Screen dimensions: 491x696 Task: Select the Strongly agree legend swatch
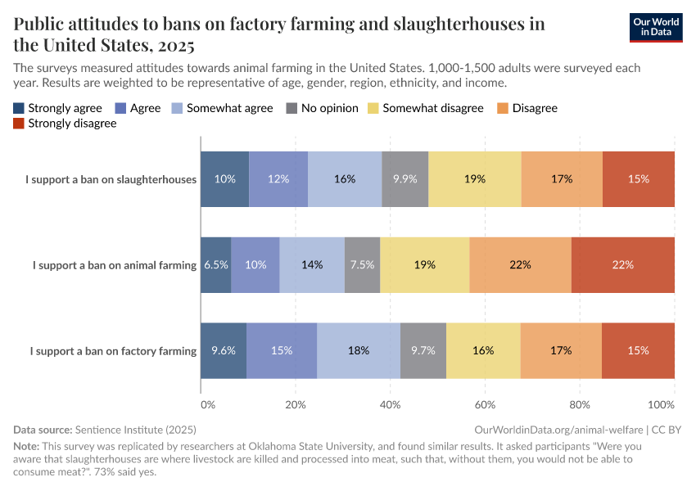click(x=20, y=108)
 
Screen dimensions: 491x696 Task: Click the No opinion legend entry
click(x=323, y=108)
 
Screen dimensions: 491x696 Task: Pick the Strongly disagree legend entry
click(x=65, y=124)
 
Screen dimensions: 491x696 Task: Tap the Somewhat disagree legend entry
click(x=425, y=108)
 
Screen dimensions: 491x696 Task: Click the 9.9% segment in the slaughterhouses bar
click(x=404, y=179)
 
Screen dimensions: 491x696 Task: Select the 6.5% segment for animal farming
click(x=215, y=265)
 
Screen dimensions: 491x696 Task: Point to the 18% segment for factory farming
click(x=358, y=350)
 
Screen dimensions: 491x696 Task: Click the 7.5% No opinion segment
click(x=362, y=265)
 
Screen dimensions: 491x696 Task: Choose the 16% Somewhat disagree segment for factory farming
click(x=483, y=350)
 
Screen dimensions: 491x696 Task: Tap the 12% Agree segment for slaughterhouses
click(x=278, y=179)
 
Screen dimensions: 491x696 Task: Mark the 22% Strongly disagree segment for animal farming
click(x=622, y=265)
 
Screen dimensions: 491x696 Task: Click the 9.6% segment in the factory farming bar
click(x=224, y=350)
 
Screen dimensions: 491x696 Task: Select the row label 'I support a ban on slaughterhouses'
click(x=111, y=179)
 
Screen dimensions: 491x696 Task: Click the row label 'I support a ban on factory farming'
click(x=113, y=351)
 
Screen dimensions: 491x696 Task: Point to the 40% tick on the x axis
click(x=391, y=404)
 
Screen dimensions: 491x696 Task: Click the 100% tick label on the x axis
click(x=660, y=404)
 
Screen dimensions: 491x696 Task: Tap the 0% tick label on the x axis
click(x=207, y=404)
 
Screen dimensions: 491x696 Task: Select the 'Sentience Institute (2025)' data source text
click(x=135, y=429)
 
